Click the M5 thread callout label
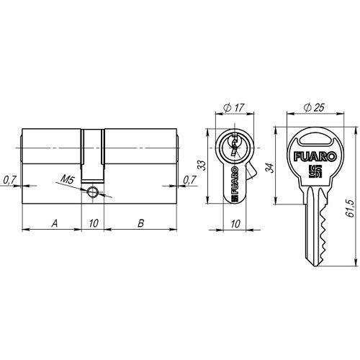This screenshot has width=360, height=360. pos(68,179)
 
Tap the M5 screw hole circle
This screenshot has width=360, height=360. pos(92,192)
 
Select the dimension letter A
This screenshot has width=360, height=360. pos(55,223)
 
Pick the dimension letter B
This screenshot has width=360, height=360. pos(141,223)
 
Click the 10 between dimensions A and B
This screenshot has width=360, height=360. pos(94,223)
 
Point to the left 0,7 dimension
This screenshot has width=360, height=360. pos(9,180)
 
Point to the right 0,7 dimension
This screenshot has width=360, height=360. pos(189,180)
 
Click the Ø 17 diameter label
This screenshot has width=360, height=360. pos(234,107)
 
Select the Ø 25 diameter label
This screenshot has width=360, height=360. pos(314,107)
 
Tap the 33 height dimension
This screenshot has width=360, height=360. pos(203,166)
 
